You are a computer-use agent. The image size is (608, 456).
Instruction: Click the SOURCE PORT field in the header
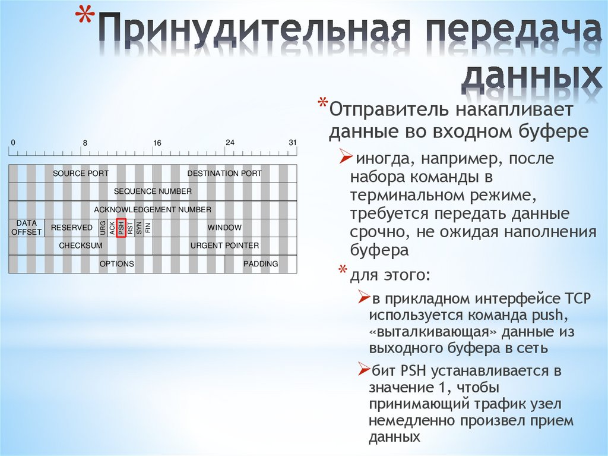pyautogui.click(x=81, y=174)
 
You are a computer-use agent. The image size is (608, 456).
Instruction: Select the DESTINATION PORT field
pyautogui.click(x=224, y=174)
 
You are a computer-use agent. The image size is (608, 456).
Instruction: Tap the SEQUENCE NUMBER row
pyautogui.click(x=153, y=191)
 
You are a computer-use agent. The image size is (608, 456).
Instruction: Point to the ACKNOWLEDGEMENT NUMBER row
pyautogui.click(x=153, y=210)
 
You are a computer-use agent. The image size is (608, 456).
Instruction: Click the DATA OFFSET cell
pyautogui.click(x=26, y=228)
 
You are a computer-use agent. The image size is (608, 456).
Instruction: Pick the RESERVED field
pyautogui.click(x=72, y=228)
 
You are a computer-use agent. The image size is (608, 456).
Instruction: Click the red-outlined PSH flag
pyautogui.click(x=121, y=228)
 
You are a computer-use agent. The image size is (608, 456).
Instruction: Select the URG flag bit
pyautogui.click(x=103, y=228)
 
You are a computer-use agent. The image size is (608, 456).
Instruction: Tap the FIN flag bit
pyautogui.click(x=148, y=228)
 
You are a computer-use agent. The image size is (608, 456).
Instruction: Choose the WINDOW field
pyautogui.click(x=224, y=228)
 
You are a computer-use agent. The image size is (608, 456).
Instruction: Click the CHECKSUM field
pyautogui.click(x=81, y=246)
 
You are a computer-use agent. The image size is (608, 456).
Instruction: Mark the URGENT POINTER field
pyautogui.click(x=224, y=246)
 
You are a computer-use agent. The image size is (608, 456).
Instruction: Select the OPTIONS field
pyautogui.click(x=117, y=263)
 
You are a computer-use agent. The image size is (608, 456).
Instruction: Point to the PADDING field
pyautogui.click(x=261, y=263)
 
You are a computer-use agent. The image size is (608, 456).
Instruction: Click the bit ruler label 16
pyautogui.click(x=157, y=143)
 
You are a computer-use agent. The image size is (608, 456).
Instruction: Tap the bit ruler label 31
pyautogui.click(x=292, y=143)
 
